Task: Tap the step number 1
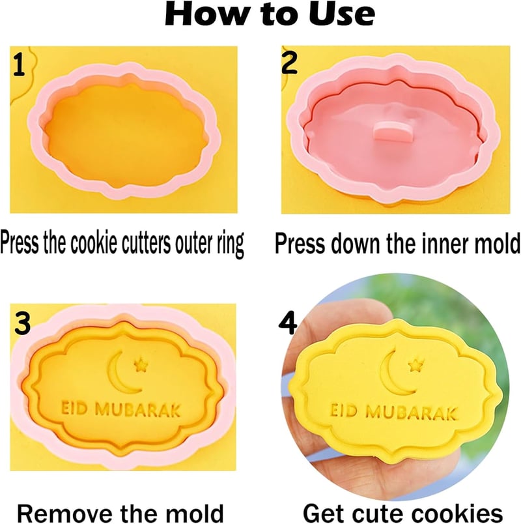pos(19,65)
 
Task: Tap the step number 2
pos(289,63)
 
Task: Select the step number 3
pos(22,323)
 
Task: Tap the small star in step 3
pos(141,364)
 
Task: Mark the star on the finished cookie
pos(416,365)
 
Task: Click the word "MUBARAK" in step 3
pos(138,410)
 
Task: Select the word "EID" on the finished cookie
pos(345,411)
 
